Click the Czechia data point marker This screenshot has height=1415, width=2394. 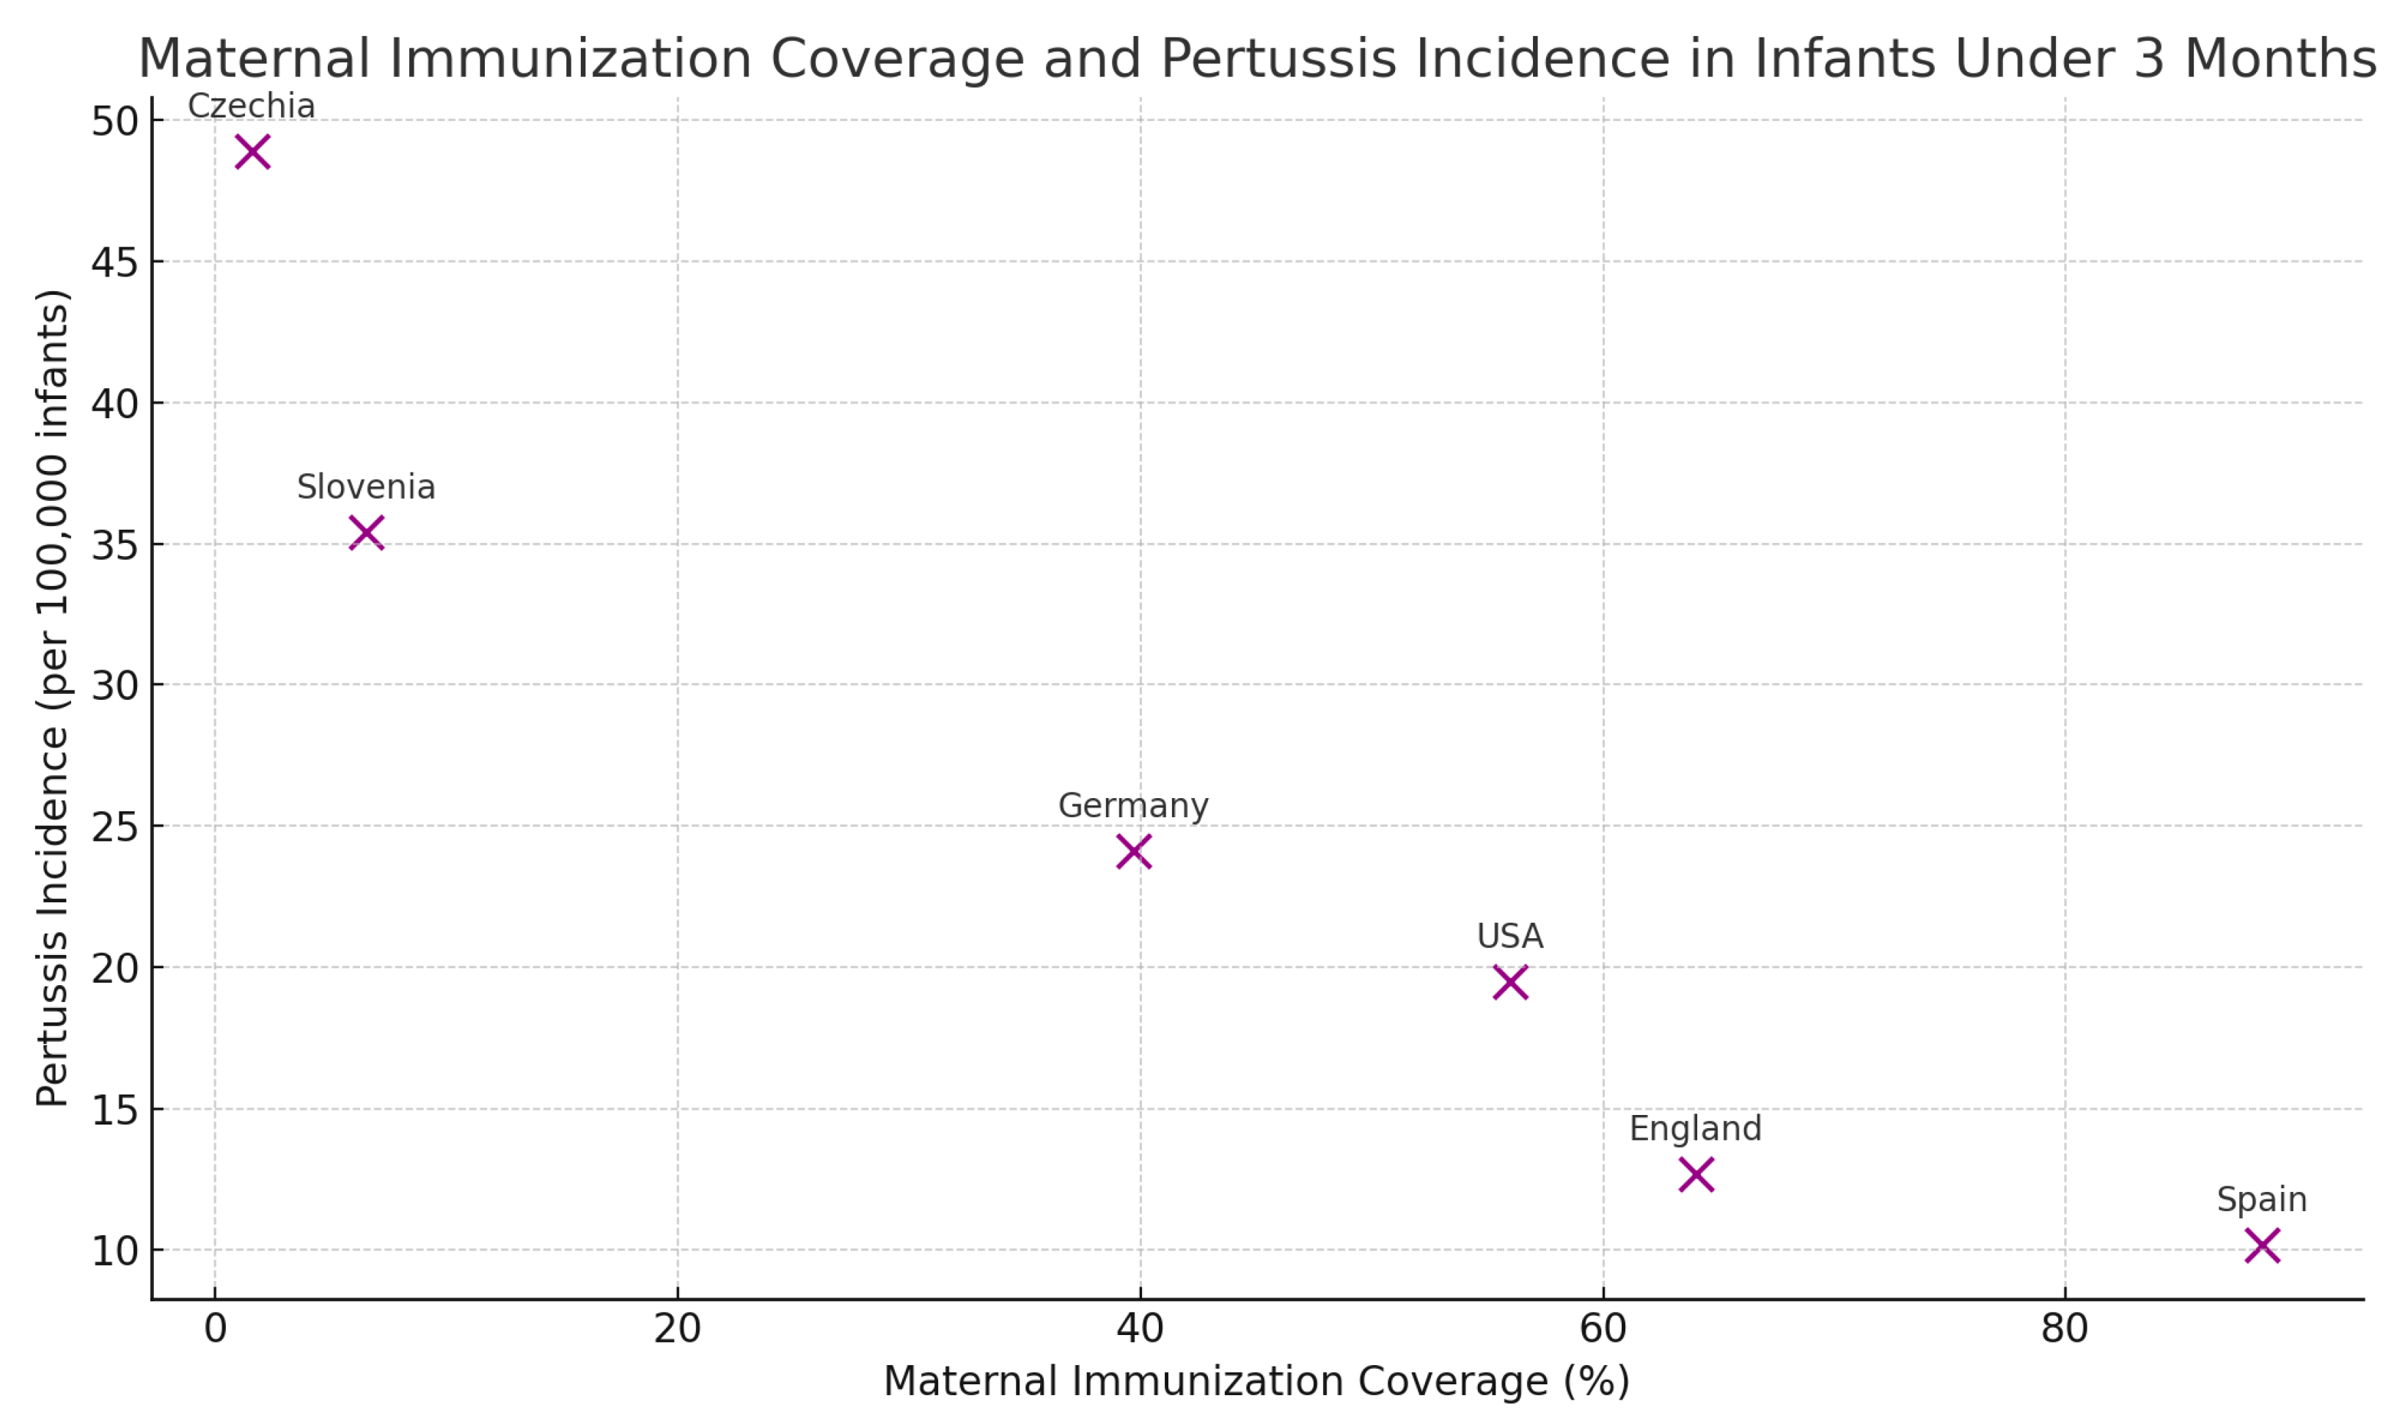(252, 152)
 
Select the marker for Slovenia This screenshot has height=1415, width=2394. (366, 533)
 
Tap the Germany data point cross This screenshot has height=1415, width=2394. (1134, 852)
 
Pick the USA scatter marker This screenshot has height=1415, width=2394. (1510, 982)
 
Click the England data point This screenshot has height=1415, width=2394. (1696, 1174)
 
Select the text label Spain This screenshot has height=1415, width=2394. (2261, 1199)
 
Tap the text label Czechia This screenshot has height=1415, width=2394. (252, 106)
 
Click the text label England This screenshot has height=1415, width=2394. (1695, 1129)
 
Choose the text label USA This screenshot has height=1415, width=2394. (1510, 936)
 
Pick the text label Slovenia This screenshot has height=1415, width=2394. (366, 487)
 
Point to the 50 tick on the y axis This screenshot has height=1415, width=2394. (114, 122)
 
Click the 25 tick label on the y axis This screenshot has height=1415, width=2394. (114, 827)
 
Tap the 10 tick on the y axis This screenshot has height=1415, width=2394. (114, 1251)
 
